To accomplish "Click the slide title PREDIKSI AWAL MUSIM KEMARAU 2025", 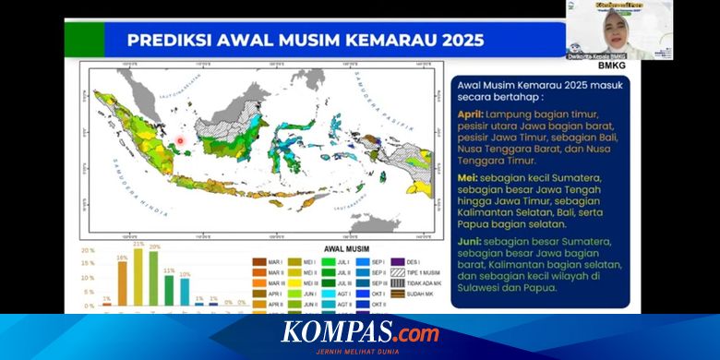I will click(x=306, y=40).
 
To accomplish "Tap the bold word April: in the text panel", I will click(x=473, y=114).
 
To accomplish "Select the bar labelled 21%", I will click(x=138, y=278).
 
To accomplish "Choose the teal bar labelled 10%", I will click(x=185, y=292).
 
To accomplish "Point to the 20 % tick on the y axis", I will click(x=88, y=250).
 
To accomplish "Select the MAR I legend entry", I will click(x=269, y=262).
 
